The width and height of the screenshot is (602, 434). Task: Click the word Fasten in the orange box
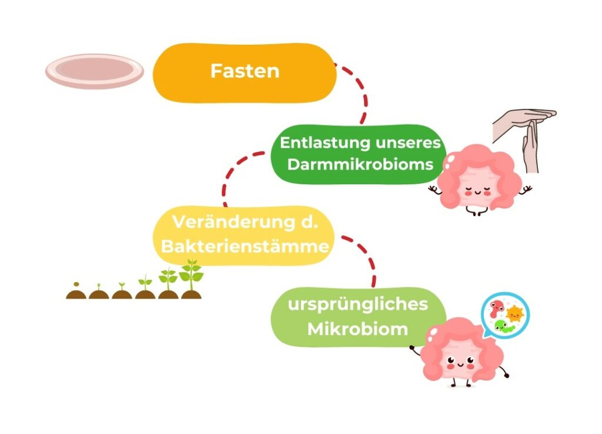[245, 71]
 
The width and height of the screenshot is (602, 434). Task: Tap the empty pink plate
[95, 71]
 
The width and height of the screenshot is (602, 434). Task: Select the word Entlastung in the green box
[325, 143]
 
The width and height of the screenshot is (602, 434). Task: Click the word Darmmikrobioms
[360, 164]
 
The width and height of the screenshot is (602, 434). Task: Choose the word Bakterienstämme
[245, 246]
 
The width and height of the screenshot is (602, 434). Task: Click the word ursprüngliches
[357, 304]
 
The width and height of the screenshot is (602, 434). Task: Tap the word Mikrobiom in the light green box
[357, 329]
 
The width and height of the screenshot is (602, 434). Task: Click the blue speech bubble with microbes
[505, 316]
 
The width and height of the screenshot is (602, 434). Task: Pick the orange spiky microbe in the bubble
[515, 314]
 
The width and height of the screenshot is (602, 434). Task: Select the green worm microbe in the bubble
[504, 327]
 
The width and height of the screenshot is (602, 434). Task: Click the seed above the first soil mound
[76, 284]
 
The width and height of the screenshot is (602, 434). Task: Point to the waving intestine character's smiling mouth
[460, 364]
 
